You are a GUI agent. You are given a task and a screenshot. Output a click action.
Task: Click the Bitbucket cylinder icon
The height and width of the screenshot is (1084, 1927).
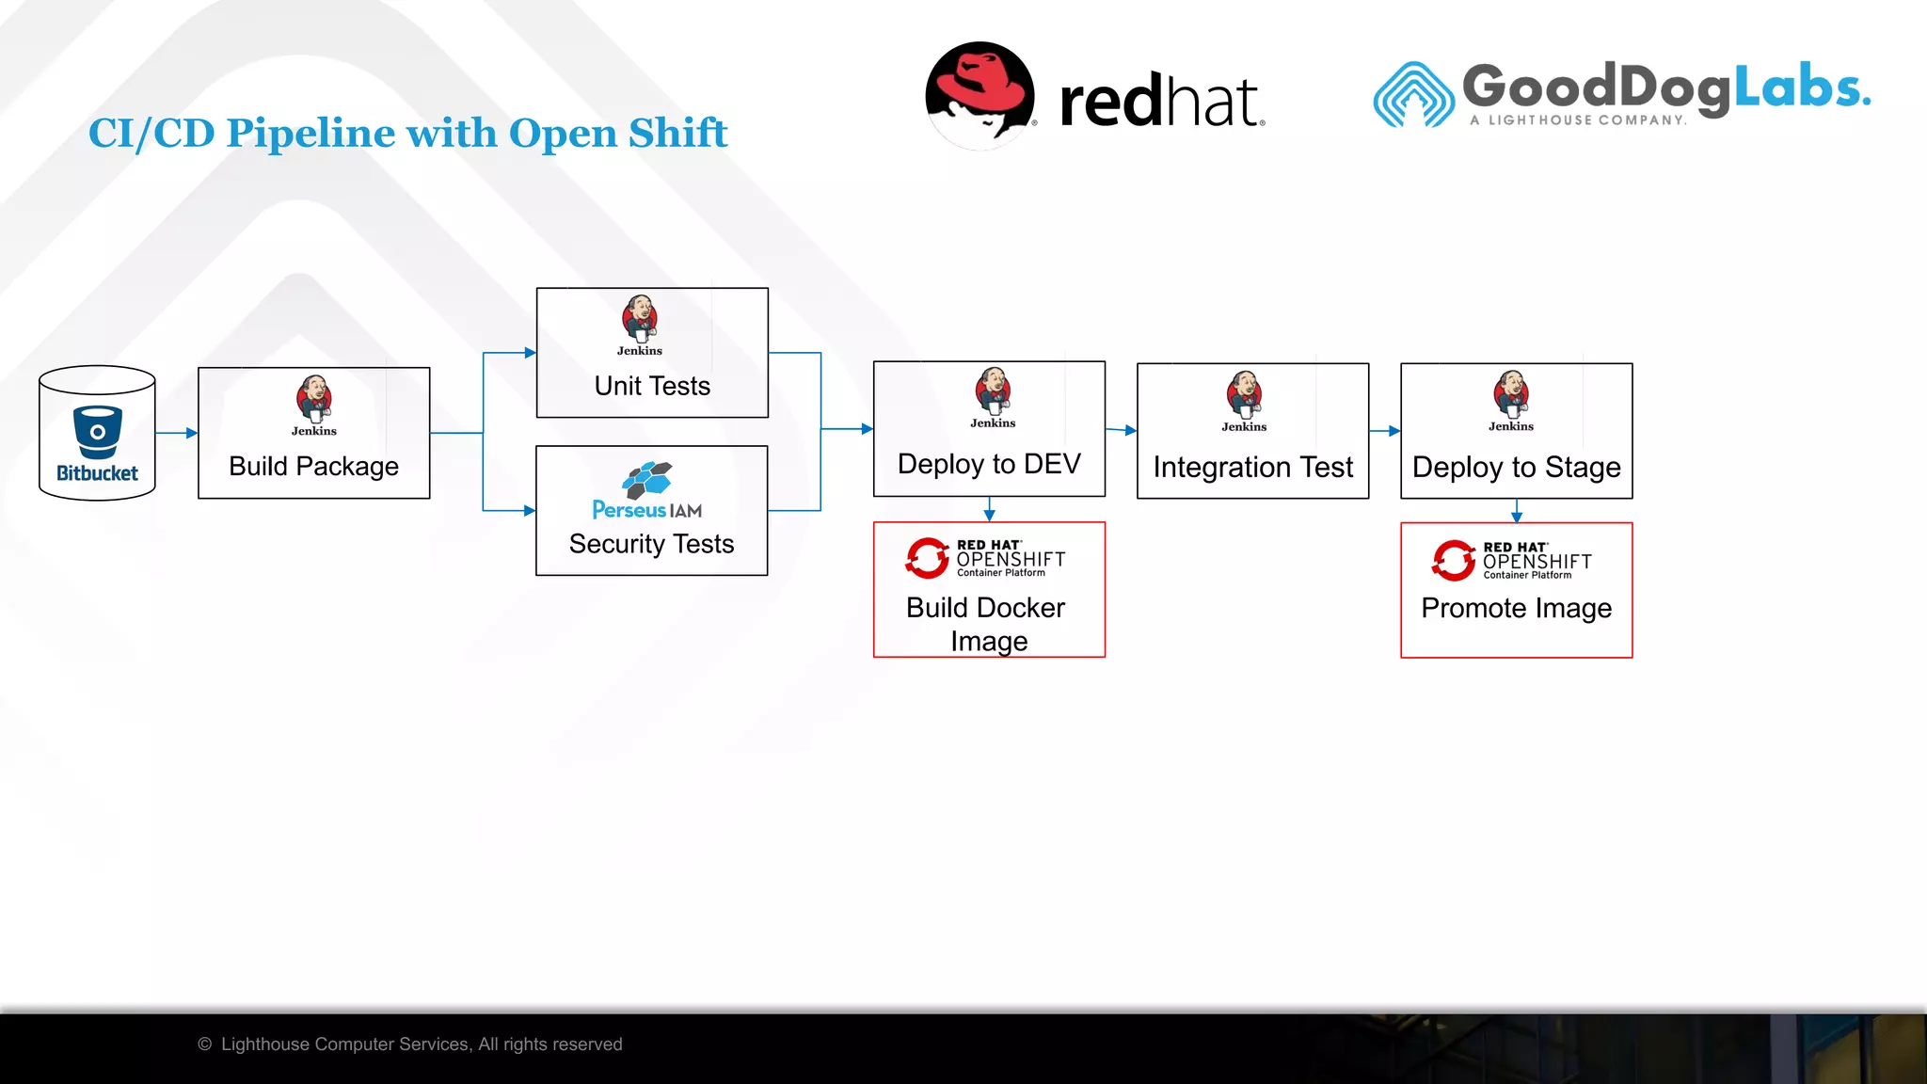click(97, 434)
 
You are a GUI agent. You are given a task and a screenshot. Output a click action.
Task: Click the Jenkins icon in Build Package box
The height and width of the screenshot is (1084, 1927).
click(313, 399)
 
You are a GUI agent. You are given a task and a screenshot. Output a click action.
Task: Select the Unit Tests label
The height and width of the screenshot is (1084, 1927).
click(652, 386)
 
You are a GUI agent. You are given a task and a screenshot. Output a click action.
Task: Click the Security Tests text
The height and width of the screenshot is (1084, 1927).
click(651, 544)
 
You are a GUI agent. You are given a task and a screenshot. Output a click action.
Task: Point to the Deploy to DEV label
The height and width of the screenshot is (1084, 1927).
click(989, 464)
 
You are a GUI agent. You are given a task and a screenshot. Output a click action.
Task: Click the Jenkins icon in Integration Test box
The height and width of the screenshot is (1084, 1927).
click(1244, 395)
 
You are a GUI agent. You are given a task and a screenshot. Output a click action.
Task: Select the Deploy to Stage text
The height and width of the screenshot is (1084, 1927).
click(1516, 467)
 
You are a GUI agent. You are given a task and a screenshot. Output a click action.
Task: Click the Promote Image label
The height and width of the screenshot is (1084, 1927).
click(1516, 608)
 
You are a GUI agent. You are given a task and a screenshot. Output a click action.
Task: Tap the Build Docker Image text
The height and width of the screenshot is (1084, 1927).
click(987, 624)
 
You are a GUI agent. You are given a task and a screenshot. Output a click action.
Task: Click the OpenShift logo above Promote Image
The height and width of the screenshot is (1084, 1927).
click(1511, 560)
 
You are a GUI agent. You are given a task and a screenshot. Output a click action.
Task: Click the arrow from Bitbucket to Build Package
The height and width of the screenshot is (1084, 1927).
click(177, 433)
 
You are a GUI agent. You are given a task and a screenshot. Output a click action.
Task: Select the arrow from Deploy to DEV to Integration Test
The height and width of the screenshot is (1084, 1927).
click(1122, 430)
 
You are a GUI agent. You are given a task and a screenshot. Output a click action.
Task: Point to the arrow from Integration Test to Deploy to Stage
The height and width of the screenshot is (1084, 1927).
click(1385, 431)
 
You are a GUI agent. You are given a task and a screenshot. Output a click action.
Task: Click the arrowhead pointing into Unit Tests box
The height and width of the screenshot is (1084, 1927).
click(530, 353)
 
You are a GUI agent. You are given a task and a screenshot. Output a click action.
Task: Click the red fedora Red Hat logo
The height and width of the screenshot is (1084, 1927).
click(979, 94)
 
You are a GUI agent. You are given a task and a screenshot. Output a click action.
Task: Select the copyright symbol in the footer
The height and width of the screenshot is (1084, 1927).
click(205, 1044)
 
